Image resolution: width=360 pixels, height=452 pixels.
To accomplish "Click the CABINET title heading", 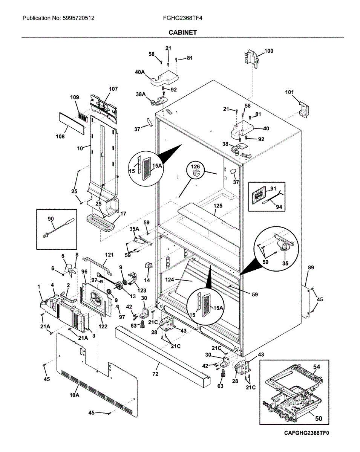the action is click(x=182, y=32).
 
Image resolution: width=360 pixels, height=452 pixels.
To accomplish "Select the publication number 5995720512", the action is click(x=78, y=18).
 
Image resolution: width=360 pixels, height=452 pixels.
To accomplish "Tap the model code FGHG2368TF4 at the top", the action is click(x=182, y=18).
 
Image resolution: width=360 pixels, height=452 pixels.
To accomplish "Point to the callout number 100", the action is click(x=269, y=51).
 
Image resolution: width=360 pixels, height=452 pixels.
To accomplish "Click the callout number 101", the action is click(x=290, y=92).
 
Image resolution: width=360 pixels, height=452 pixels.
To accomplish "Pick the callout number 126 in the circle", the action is click(x=195, y=166).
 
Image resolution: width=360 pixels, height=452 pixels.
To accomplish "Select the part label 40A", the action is click(x=139, y=72).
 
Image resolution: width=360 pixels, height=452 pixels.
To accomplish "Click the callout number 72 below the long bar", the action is click(x=155, y=374).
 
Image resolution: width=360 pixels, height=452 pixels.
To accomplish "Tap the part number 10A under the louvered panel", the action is click(x=74, y=395).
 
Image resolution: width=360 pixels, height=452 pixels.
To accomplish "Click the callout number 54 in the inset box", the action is click(x=317, y=367).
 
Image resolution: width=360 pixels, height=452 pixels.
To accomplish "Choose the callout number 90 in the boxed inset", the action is click(x=51, y=218).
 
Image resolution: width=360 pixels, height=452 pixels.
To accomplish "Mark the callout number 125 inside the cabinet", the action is click(x=218, y=206).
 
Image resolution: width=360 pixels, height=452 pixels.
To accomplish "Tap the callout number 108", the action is click(x=60, y=136).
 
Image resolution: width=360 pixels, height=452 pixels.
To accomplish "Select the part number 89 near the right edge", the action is click(x=311, y=267).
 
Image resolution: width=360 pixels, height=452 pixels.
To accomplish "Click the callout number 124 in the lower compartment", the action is click(x=170, y=279).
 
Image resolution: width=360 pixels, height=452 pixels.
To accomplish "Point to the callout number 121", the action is click(x=109, y=255).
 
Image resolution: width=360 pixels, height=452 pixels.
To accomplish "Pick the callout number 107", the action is click(x=113, y=89).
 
